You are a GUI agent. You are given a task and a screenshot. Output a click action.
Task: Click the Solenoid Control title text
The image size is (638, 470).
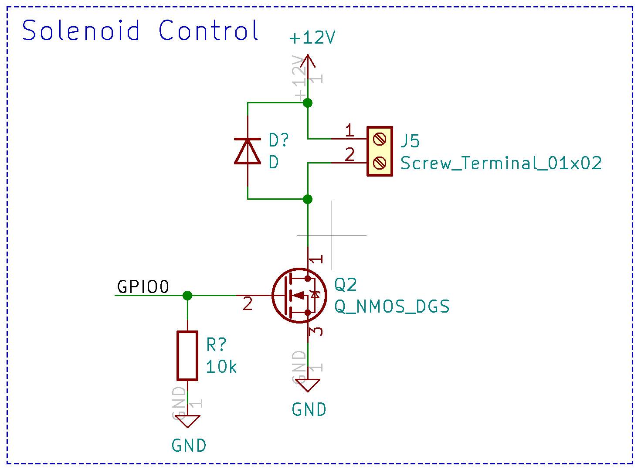[140, 31]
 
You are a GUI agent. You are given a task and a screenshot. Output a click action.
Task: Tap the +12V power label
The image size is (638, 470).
[312, 38]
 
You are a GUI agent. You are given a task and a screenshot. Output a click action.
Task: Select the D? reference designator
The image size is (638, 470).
[278, 140]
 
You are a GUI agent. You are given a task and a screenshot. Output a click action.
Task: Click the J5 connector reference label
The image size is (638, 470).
[410, 141]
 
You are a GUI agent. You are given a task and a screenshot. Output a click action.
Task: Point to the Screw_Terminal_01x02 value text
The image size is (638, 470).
[501, 163]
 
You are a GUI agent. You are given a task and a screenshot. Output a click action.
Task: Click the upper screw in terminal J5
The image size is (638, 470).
[380, 140]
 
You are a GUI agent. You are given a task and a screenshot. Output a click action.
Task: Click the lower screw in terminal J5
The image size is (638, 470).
[380, 163]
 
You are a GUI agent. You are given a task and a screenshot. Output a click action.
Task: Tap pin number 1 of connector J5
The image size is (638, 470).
[349, 130]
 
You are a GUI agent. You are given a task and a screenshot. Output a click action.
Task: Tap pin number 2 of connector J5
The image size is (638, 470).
[350, 154]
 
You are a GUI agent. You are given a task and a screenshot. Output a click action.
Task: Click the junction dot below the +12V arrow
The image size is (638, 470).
[308, 103]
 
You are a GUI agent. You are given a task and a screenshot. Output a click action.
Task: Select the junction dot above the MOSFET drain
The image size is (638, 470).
[308, 199]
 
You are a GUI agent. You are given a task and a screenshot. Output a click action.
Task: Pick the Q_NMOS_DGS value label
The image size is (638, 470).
[392, 307]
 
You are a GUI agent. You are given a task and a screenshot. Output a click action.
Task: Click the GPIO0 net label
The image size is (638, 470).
[143, 287]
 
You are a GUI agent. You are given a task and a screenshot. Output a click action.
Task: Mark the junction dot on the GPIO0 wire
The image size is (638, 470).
[187, 296]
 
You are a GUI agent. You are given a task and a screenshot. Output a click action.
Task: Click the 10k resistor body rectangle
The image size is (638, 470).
[187, 355]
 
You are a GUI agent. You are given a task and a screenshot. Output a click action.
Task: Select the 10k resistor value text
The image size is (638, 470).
[221, 367]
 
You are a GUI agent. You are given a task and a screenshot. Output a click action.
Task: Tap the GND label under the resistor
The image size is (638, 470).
[189, 446]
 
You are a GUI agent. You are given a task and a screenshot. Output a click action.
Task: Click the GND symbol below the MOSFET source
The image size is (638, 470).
[308, 385]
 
